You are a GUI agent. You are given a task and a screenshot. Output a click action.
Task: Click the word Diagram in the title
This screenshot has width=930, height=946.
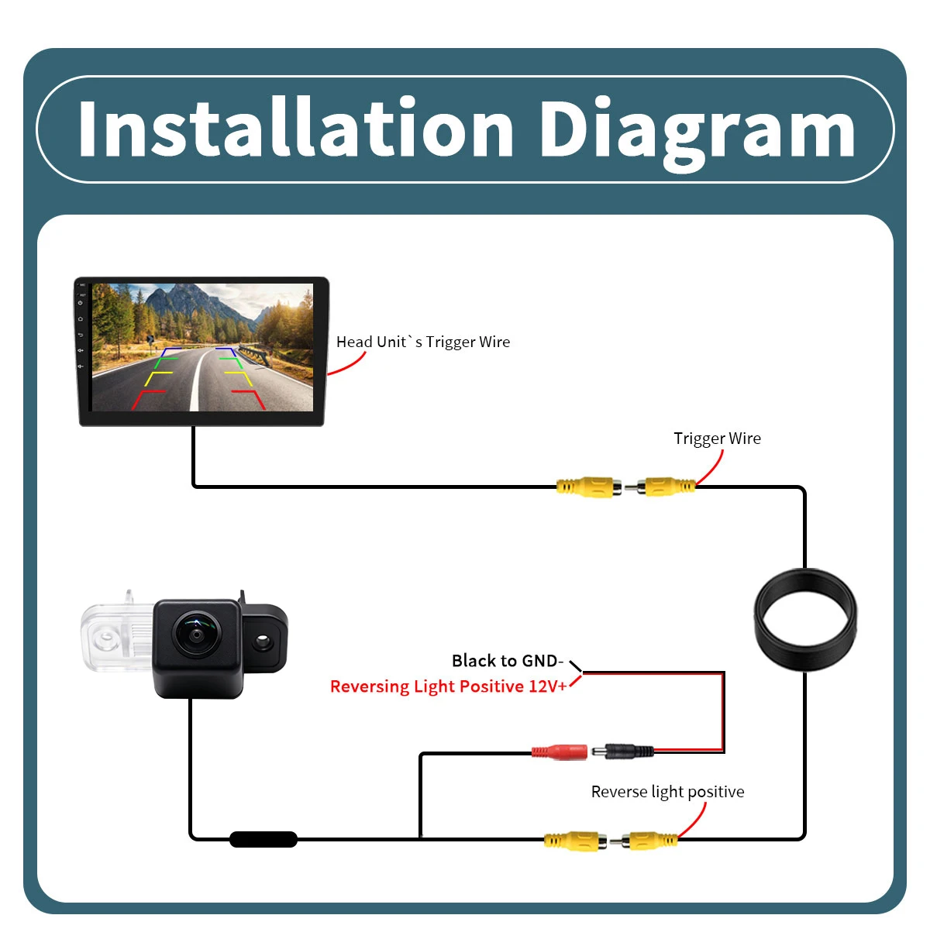(x=698, y=132)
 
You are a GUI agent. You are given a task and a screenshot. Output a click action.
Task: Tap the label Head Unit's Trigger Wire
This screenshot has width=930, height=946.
(x=423, y=342)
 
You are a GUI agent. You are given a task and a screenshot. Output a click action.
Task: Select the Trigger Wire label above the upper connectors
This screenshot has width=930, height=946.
(x=717, y=439)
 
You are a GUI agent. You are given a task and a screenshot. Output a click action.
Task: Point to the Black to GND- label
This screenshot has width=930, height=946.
(x=508, y=661)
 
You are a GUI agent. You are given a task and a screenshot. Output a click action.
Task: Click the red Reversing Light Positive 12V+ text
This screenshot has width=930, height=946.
(x=448, y=686)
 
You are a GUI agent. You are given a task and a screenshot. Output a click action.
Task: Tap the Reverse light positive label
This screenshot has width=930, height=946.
(x=667, y=792)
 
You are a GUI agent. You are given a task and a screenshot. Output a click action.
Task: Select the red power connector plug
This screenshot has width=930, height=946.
(x=560, y=752)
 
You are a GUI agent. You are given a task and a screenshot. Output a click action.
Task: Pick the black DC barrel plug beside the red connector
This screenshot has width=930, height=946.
(x=623, y=751)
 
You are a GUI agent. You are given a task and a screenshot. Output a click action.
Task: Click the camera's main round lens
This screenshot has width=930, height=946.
(x=197, y=634)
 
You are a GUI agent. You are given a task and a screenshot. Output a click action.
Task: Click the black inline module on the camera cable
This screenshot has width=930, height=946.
(x=263, y=839)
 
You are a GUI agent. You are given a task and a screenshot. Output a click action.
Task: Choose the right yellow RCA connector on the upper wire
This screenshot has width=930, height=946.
(x=666, y=487)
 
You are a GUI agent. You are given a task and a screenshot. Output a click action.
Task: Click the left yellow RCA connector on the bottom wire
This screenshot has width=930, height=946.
(x=575, y=841)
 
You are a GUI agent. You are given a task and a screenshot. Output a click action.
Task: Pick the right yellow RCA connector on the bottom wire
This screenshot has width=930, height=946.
(x=649, y=841)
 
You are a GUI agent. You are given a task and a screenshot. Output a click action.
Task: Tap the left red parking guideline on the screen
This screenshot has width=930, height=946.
(x=148, y=400)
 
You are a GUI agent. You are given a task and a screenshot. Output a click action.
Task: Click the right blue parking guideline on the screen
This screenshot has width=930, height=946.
(x=226, y=352)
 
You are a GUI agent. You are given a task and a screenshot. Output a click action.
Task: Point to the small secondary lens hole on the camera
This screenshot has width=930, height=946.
(x=263, y=640)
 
